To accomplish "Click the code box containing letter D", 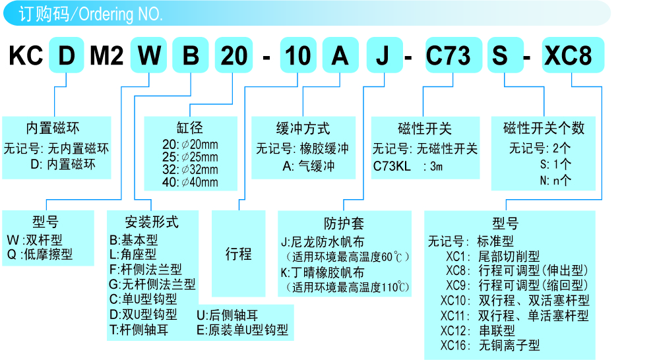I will click(x=67, y=55).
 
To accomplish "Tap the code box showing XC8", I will click(x=572, y=55).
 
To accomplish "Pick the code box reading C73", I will click(x=449, y=55).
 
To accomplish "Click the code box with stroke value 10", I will click(x=298, y=55).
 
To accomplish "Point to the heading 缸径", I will click(x=189, y=128).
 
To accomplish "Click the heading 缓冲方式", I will click(x=303, y=128).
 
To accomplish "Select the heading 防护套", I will click(x=344, y=223).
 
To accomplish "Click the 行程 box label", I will click(x=238, y=254).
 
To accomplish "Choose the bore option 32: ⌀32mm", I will click(x=190, y=169).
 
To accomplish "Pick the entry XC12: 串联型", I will click(x=478, y=330).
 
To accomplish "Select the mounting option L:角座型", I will click(x=133, y=255).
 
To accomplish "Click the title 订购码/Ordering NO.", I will click(x=90, y=14).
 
